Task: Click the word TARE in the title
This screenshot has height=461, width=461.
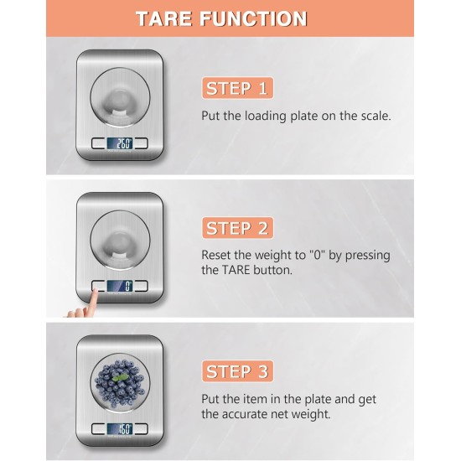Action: (x=174, y=18)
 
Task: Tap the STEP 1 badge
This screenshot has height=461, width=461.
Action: (x=238, y=88)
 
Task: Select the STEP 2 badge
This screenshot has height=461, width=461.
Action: (x=238, y=228)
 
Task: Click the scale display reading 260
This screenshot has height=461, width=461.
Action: (x=123, y=143)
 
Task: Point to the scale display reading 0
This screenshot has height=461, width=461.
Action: (x=123, y=286)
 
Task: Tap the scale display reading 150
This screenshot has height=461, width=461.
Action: (x=123, y=428)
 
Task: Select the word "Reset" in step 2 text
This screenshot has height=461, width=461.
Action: (x=218, y=255)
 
